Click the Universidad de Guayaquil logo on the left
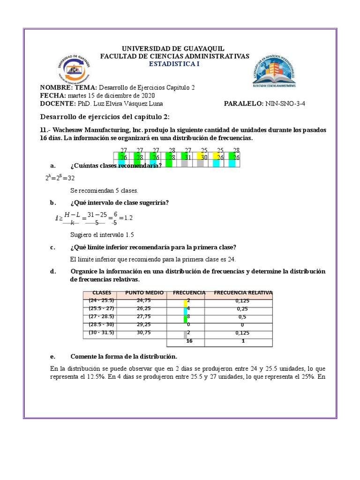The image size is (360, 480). [x=73, y=69]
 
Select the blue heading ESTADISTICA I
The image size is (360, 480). [x=174, y=64]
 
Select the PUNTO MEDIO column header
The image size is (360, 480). [x=144, y=293]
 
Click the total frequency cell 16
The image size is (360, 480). [x=189, y=341]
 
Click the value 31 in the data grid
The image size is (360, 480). [x=187, y=157]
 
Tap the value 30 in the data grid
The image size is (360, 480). [x=204, y=157]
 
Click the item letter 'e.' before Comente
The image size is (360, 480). [x=53, y=356]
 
